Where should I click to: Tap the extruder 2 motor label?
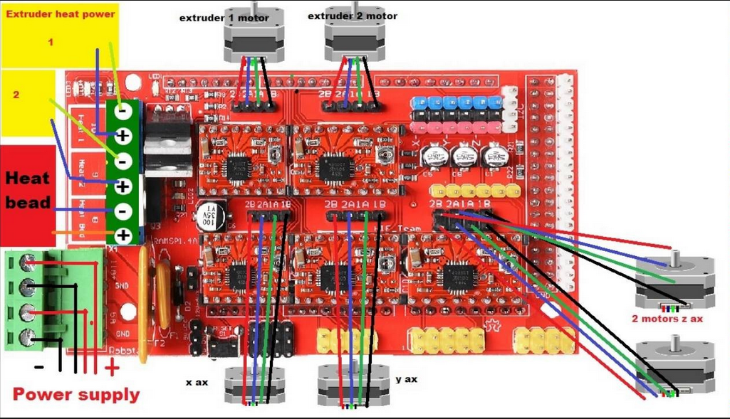[x=353, y=16]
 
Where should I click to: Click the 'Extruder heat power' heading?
[x=60, y=14]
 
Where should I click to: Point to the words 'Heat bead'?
[x=28, y=190]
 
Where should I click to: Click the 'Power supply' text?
[x=76, y=395]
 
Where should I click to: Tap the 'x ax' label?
[x=197, y=383]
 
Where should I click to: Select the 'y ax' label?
[x=406, y=379]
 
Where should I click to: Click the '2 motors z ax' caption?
[x=667, y=319]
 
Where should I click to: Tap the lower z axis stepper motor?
[x=674, y=366]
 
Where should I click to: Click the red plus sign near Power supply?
[x=112, y=368]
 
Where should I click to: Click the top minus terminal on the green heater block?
[x=123, y=110]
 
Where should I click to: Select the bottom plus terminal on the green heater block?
[x=123, y=235]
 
